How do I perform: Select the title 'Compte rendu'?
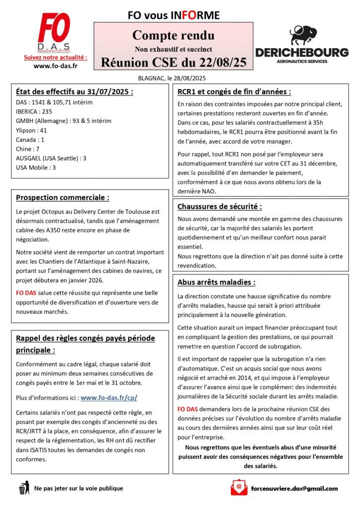[x=174, y=35]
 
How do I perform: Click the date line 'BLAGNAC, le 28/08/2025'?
[x=172, y=78]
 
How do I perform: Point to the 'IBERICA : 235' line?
[x=34, y=111]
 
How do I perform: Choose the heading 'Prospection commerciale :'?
[x=63, y=197]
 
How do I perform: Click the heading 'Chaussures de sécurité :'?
[x=219, y=206]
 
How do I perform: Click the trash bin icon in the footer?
[x=23, y=489]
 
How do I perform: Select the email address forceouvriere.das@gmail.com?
[x=295, y=489]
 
